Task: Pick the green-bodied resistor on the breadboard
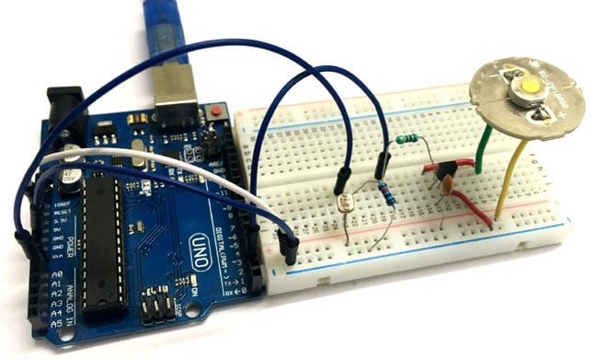point(406,140)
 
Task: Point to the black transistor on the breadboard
point(447,169)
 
